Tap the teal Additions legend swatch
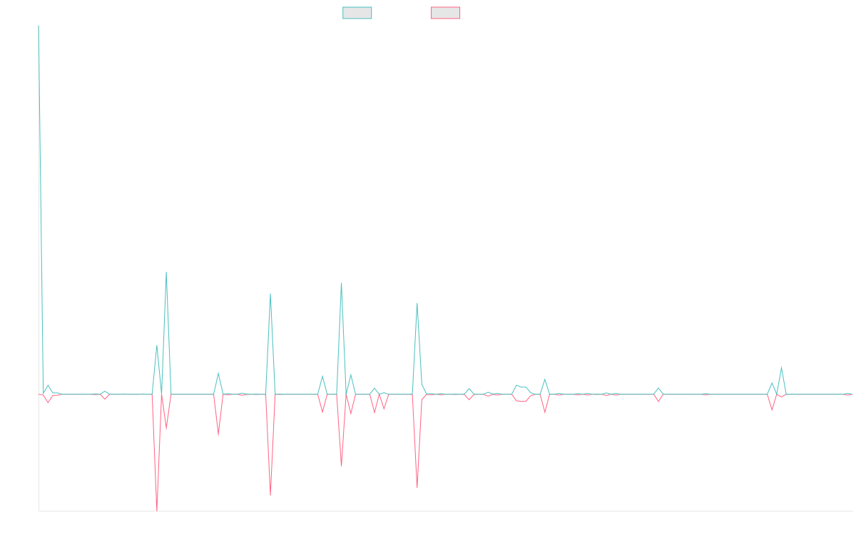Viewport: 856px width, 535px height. (x=357, y=13)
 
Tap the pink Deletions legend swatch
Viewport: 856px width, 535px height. (x=445, y=13)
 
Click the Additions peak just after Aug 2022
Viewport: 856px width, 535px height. (x=166, y=272)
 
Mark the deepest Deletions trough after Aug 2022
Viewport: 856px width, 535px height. (x=157, y=509)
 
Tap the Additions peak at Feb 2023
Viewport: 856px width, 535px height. (x=270, y=294)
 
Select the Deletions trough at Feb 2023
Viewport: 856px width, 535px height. (x=270, y=494)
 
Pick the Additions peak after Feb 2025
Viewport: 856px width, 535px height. (x=782, y=367)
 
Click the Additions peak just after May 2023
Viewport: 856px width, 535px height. (x=342, y=283)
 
